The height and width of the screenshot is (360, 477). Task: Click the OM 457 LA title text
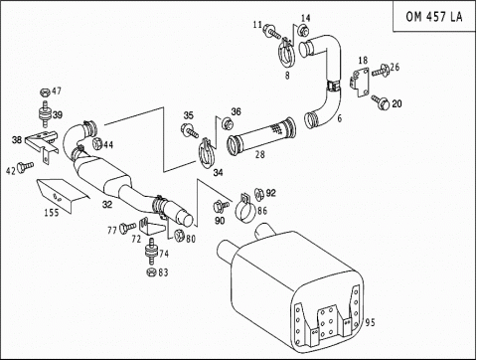pos(434,16)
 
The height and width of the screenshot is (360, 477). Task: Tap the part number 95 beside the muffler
pos(370,322)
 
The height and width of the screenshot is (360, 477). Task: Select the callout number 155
pos(52,213)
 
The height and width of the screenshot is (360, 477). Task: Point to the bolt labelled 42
pos(26,166)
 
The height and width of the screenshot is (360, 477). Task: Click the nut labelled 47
pos(45,92)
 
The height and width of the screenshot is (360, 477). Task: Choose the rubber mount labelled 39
pos(44,113)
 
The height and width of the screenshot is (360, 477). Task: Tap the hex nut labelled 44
pos(96,143)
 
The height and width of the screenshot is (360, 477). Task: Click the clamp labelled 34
pos(208,153)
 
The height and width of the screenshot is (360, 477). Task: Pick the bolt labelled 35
pos(190,130)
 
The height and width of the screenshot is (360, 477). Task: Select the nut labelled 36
pos(228,124)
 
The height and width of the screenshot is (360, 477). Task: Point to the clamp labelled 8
pos(286,54)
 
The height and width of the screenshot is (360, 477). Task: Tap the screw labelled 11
pos(271,33)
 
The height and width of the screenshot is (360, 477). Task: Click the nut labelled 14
pos(303,30)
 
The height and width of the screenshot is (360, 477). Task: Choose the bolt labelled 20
pos(381,101)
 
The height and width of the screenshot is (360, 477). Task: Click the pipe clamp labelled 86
pos(245,210)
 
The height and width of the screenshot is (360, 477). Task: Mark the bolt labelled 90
pos(222,206)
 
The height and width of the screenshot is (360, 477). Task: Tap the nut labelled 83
pos(151,271)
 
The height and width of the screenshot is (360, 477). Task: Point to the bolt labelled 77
pos(127,228)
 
